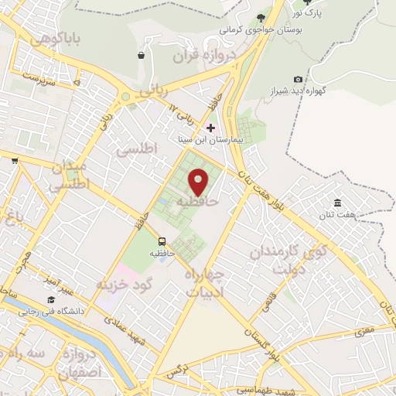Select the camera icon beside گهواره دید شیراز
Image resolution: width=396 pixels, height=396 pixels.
click(x=298, y=79)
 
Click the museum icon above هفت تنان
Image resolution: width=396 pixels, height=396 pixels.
click(x=338, y=202)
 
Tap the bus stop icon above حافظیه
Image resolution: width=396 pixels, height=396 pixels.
click(x=162, y=241)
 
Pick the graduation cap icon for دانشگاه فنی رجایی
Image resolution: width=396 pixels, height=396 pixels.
click(x=51, y=299)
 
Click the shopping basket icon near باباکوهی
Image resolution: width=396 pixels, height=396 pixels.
click(x=141, y=55)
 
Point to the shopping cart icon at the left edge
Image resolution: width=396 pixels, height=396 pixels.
click(x=15, y=161)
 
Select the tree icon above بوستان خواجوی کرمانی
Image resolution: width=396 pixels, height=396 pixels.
click(x=261, y=19)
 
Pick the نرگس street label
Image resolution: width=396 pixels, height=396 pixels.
click(x=176, y=374)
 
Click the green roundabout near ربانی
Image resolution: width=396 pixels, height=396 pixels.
click(x=125, y=98)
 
